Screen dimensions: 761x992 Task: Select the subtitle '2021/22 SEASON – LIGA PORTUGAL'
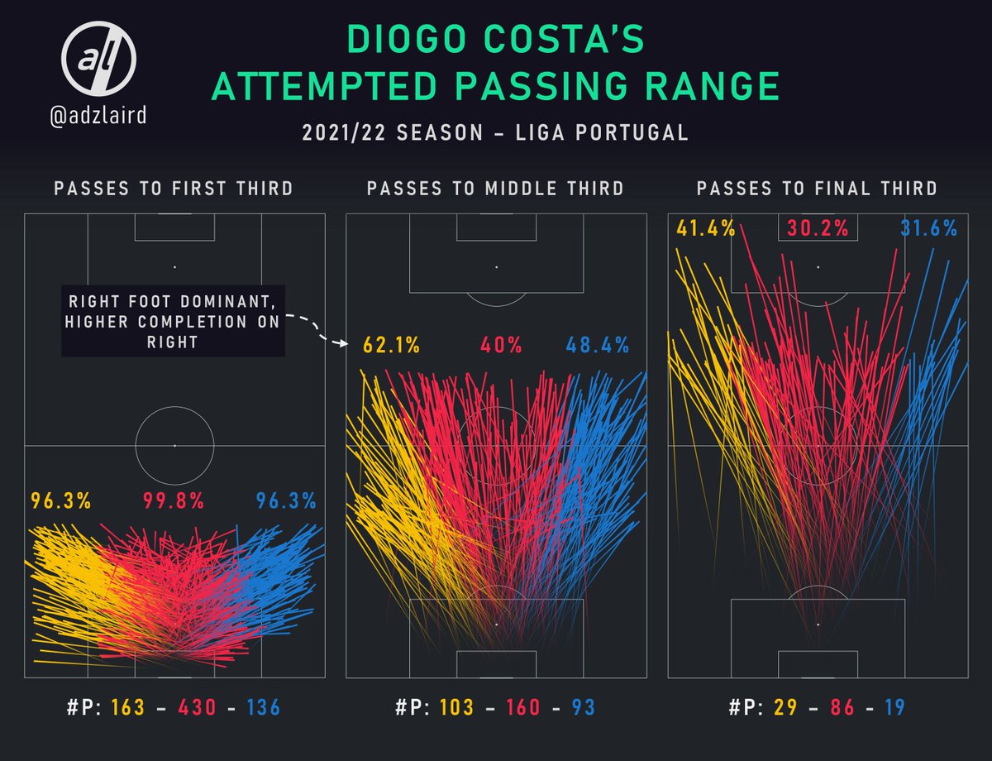click(496, 132)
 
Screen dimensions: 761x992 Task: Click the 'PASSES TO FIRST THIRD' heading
click(174, 189)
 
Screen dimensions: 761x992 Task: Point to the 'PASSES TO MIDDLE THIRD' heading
click(495, 189)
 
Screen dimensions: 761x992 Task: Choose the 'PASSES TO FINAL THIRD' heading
click(817, 189)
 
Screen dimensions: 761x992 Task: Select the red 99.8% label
click(174, 500)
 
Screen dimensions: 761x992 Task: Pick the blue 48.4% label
click(598, 344)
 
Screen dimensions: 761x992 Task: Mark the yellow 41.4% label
click(705, 227)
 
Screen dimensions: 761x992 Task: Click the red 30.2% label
click(818, 227)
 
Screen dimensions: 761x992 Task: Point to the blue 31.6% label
click(928, 227)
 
